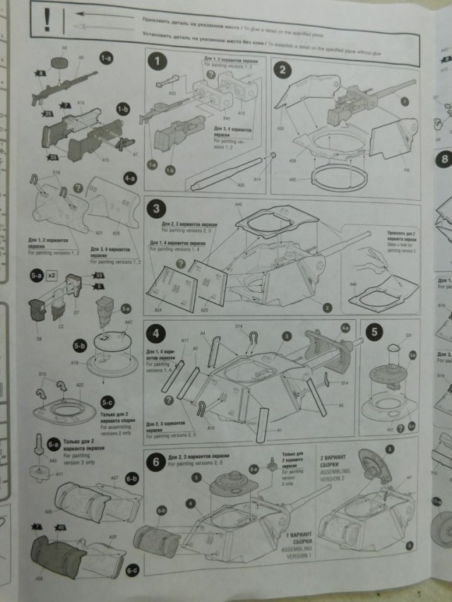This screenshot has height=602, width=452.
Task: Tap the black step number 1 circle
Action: click(x=156, y=62)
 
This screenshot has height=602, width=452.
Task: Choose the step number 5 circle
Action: click(x=374, y=332)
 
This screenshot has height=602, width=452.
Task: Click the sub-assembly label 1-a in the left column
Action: click(x=106, y=59)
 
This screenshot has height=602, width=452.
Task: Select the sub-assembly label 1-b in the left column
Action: click(x=123, y=109)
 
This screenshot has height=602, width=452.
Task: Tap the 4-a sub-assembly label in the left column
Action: click(x=129, y=179)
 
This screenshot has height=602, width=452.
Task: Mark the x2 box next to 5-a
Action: click(x=52, y=277)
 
